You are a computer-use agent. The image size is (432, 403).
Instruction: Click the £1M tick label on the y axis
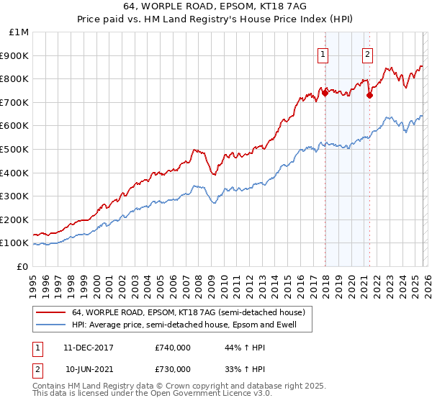point(19,32)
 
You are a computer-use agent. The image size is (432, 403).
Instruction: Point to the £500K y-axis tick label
point(16,149)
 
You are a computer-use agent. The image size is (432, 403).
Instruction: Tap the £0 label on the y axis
point(24,266)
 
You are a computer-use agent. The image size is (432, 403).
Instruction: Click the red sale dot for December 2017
point(325,92)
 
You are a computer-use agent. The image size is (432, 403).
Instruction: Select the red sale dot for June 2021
point(369,95)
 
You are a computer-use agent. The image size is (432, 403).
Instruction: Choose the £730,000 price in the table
point(173,368)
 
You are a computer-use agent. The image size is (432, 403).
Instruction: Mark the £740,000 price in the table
point(173,348)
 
